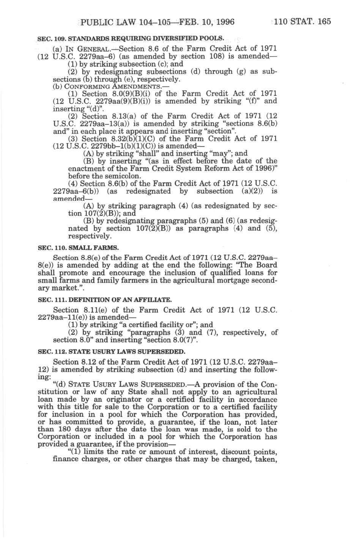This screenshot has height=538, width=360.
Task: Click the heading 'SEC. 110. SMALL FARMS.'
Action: (x=78, y=248)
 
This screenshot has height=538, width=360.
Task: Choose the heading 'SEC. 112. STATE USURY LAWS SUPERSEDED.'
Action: (x=111, y=351)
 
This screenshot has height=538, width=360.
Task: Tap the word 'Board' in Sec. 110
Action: (x=266, y=266)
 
